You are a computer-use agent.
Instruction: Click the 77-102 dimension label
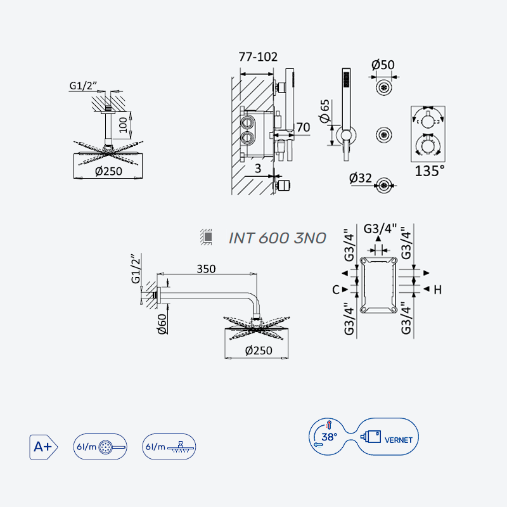[x=258, y=57]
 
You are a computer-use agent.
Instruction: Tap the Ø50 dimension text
[x=383, y=65]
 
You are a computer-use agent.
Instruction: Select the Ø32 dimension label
[x=361, y=178]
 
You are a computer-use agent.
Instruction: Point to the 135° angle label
[x=430, y=170]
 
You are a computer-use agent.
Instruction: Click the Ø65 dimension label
[x=324, y=112]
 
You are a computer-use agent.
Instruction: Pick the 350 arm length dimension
[x=207, y=269]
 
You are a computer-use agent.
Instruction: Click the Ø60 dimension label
[x=162, y=324]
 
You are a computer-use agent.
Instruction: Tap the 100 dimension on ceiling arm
[x=123, y=125]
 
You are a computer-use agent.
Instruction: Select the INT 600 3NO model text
[x=278, y=238]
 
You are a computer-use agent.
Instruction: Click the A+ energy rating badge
[x=43, y=447]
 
